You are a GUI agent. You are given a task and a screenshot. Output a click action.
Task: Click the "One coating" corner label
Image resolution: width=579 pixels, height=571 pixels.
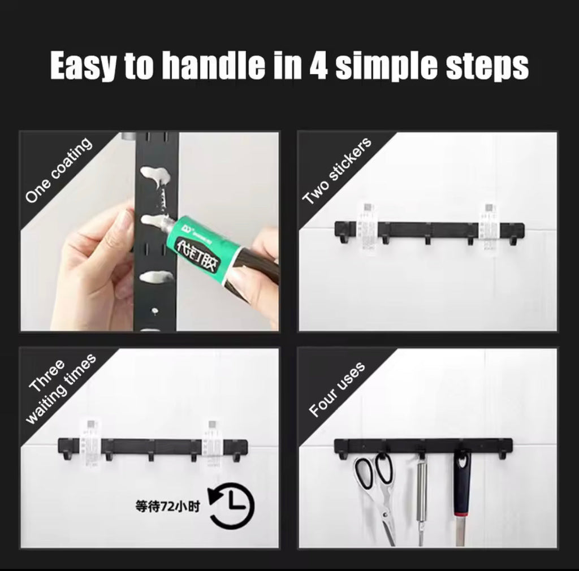tap(58, 170)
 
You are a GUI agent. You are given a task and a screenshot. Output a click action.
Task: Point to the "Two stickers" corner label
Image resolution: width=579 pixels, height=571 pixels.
tap(337, 171)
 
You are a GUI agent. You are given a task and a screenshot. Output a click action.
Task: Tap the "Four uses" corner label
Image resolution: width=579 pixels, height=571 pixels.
tap(337, 390)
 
